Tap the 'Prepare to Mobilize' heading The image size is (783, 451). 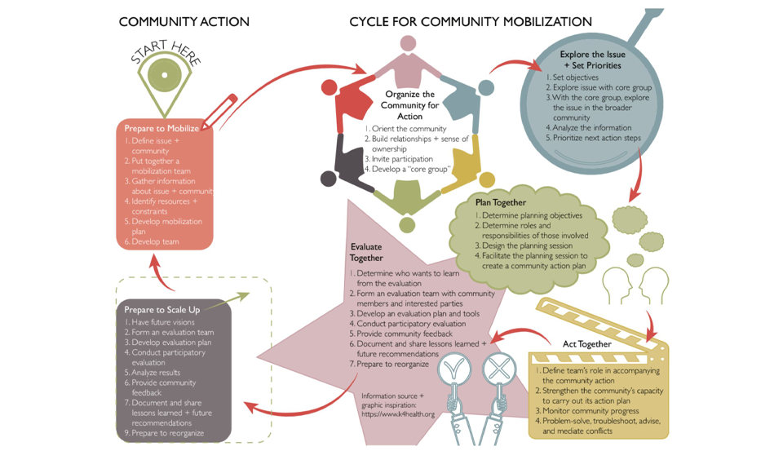[x=161, y=128]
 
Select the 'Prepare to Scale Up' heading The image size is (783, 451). [x=161, y=310]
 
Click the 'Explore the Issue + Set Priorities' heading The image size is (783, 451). [x=592, y=60]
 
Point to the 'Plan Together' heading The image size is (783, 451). [x=501, y=202]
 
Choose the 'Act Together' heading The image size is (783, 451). [x=586, y=343]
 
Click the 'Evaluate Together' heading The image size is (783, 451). [x=366, y=252]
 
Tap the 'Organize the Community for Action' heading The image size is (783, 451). [x=410, y=105]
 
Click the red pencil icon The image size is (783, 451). [x=219, y=113]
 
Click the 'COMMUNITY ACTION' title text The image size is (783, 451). [x=184, y=21]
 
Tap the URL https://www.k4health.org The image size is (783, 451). [x=398, y=414]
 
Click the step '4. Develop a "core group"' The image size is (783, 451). [x=407, y=169]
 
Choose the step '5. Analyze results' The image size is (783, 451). [x=153, y=373]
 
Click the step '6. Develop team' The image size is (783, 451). [x=152, y=241]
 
